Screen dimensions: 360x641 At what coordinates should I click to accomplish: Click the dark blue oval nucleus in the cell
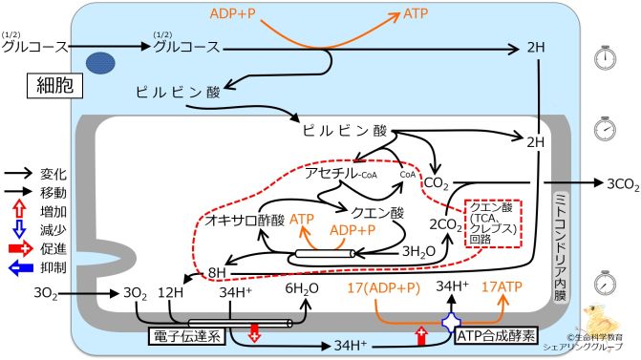[98, 62]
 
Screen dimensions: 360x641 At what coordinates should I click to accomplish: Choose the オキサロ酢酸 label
[239, 220]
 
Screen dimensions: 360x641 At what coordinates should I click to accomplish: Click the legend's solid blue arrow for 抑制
[21, 268]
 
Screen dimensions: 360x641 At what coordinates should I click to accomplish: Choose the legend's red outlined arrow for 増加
[21, 208]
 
